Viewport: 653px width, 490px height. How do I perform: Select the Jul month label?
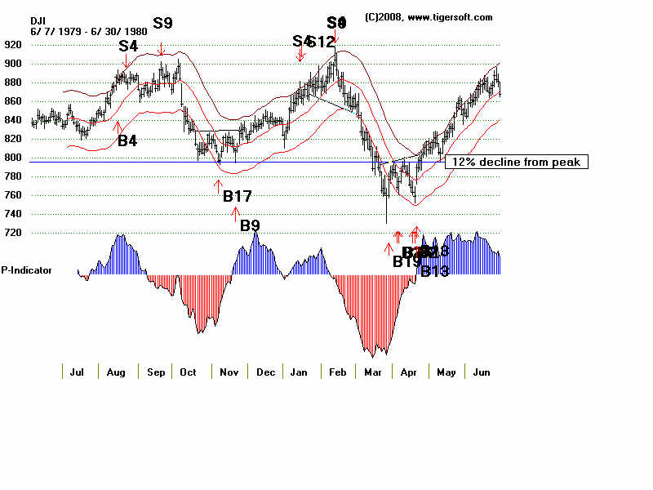(78, 372)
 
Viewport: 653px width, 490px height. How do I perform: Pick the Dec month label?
(265, 372)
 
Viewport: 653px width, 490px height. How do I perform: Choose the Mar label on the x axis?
(373, 372)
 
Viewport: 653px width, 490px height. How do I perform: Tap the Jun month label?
(481, 372)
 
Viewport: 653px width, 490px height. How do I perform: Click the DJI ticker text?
(38, 20)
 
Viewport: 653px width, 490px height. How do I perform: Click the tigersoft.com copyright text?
(429, 17)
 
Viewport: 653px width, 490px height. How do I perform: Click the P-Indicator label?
(27, 269)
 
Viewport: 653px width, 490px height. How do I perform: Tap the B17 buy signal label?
(237, 195)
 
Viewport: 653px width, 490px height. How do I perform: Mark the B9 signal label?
(250, 225)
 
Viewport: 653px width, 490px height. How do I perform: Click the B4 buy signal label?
(127, 140)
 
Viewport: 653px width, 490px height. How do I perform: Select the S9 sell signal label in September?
(162, 23)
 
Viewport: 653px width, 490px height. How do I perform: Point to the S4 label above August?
(128, 45)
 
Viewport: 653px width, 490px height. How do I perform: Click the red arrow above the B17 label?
(218, 184)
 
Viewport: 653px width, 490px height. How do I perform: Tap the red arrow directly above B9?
(236, 214)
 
